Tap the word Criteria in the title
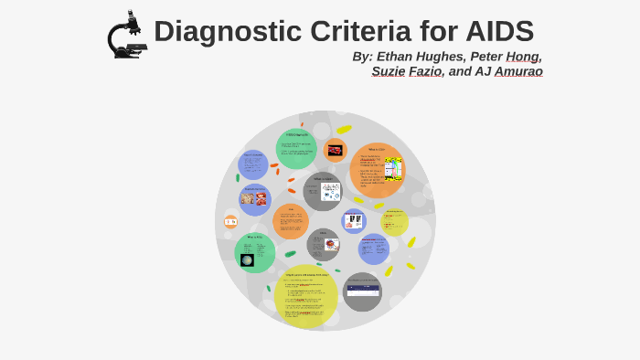[x=359, y=32]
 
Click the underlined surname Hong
[x=523, y=57]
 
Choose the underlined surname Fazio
[x=425, y=71]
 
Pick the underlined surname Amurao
[x=518, y=71]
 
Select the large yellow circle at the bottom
[x=305, y=296]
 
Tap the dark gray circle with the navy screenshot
[x=361, y=291]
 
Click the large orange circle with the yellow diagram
[x=377, y=170]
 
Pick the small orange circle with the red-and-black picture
[x=336, y=150]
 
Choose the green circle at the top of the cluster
[x=295, y=149]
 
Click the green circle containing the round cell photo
[x=254, y=253]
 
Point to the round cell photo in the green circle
[x=247, y=260]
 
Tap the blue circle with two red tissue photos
[x=254, y=199]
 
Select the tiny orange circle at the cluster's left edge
[x=230, y=222]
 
